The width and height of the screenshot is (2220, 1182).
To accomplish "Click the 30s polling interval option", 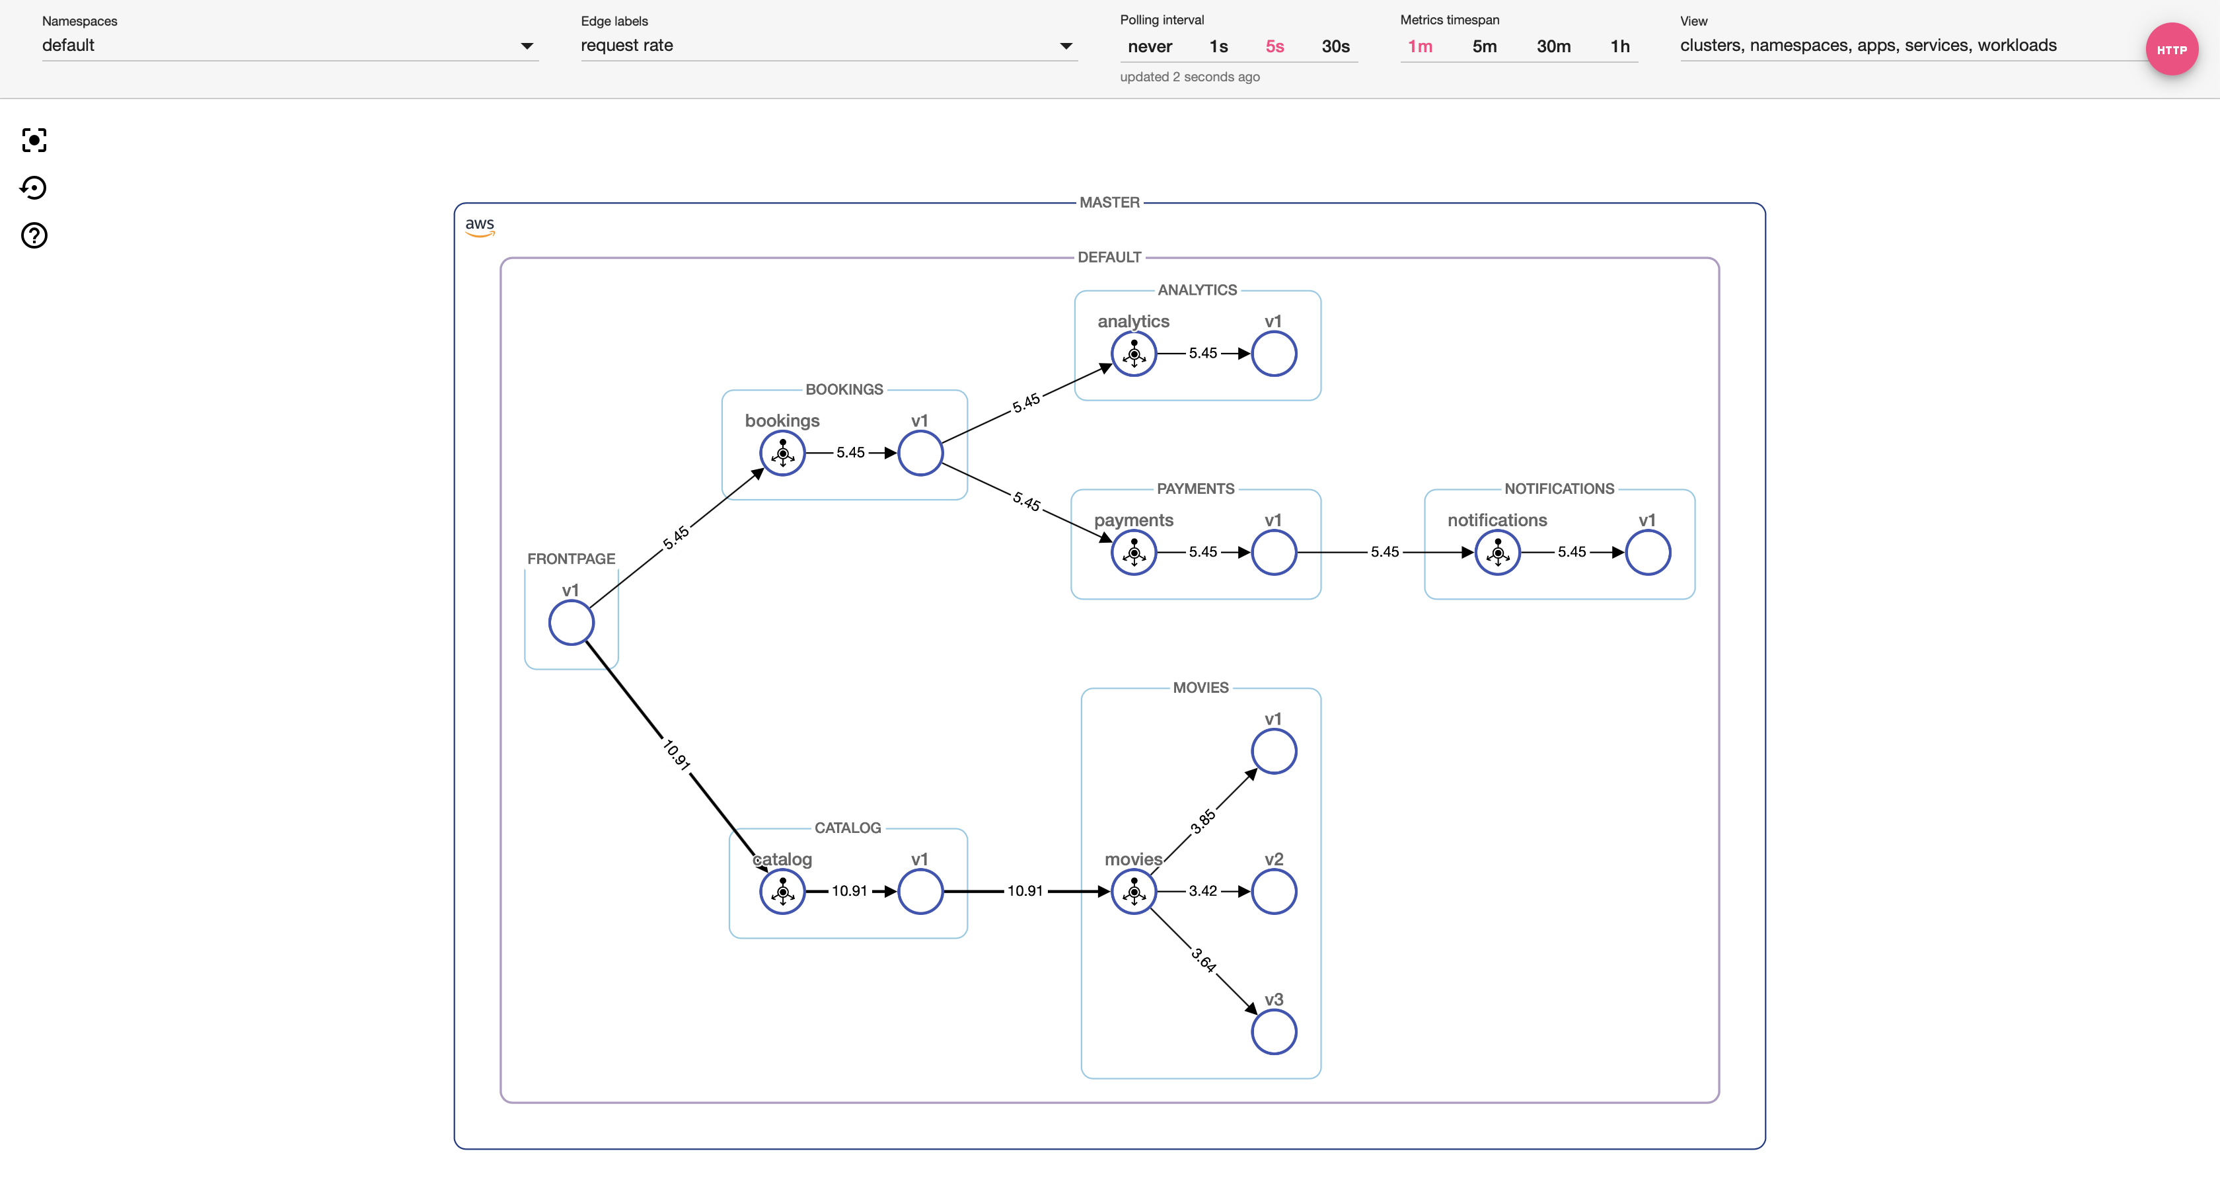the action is coord(1335,46).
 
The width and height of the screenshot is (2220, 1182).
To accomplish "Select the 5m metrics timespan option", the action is coord(1484,46).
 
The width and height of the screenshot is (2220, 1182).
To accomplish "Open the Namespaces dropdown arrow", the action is coord(527,46).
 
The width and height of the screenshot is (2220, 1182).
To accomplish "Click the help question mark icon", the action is coord(34,235).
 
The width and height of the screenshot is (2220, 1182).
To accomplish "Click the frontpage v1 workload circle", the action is coord(572,623).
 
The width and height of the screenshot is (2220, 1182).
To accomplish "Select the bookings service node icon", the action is coord(782,453).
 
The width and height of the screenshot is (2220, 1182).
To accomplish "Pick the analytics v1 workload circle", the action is coord(1274,354).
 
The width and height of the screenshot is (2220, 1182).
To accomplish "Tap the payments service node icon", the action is coord(1134,553).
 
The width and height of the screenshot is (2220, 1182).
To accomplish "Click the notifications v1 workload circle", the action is coord(1648,553).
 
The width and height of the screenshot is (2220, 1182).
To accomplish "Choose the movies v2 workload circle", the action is coord(1274,891).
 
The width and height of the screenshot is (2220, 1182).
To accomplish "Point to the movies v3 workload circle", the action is coord(1274,1032).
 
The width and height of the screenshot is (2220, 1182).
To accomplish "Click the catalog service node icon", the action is coord(782,891).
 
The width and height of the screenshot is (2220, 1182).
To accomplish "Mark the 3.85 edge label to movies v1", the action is coord(1203,821).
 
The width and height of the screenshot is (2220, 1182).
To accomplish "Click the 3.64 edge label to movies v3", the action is coord(1204,960).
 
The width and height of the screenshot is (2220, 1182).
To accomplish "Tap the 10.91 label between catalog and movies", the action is coord(1025,890).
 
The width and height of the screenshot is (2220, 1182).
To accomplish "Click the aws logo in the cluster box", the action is coord(480,226).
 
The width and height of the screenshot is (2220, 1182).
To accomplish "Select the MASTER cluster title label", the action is coord(1109,202).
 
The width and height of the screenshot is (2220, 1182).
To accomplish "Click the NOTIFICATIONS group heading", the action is coord(1559,489).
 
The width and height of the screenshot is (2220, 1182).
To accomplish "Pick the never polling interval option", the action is coord(1150,46).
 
